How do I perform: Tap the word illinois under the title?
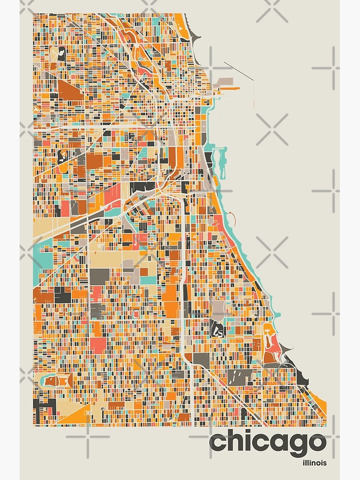coord(314,463)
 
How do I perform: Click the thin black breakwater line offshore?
coord(239,71)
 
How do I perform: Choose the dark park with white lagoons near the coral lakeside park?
coord(218,329)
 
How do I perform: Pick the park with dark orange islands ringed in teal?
coord(57,381)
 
